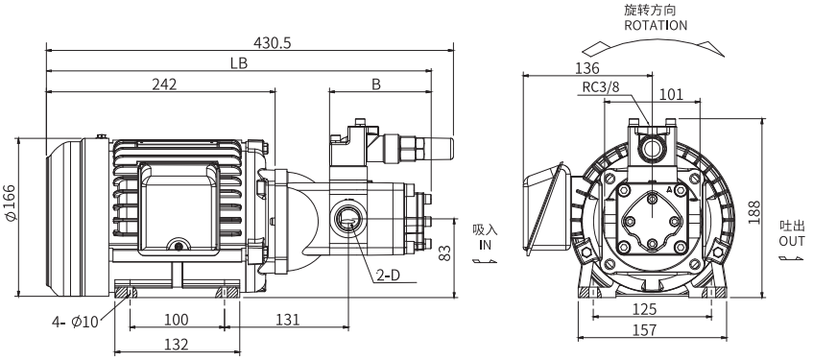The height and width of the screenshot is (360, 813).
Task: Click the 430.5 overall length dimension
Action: coord(273,43)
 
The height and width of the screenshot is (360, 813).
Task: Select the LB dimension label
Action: coord(239,63)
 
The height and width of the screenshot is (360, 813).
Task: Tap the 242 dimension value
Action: coord(164,84)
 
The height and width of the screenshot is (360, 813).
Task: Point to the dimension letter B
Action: coord(376,84)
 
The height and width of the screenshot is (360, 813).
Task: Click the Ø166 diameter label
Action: coord(12,203)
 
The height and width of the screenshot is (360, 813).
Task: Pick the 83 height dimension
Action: coord(444,252)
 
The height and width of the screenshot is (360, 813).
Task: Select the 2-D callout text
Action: coord(389,276)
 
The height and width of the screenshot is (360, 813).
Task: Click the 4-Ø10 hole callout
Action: coord(75,323)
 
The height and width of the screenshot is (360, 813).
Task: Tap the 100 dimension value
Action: coord(177,320)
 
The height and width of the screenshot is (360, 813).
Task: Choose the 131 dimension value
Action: coord(287,320)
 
